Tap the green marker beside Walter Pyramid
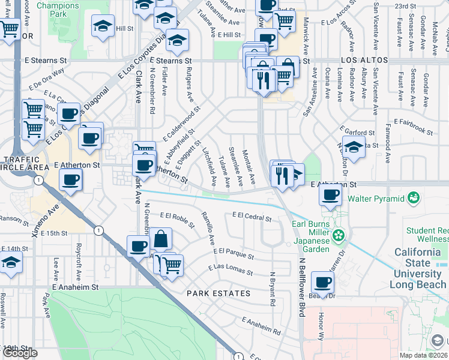click(x=413, y=197)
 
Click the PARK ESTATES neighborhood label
click(x=218, y=293)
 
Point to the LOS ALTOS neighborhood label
click(x=364, y=61)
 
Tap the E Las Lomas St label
click(x=231, y=269)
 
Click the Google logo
click(x=20, y=353)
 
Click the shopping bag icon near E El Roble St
click(x=161, y=239)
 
